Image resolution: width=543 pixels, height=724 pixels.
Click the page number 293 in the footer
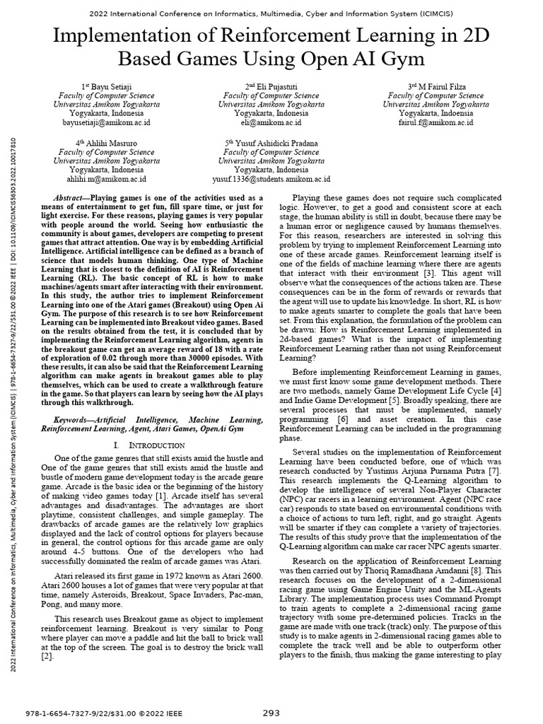(271, 711)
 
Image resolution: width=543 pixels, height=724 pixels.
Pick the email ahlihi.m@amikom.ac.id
(106, 180)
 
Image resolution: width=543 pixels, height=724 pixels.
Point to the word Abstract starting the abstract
(71, 198)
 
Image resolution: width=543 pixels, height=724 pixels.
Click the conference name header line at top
(271, 13)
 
